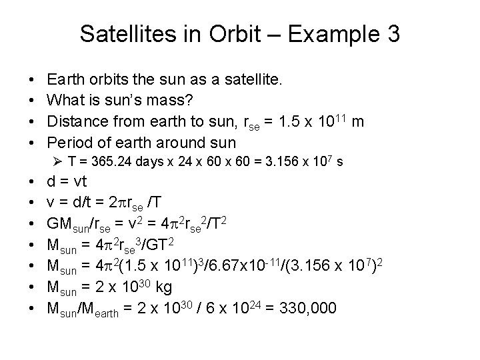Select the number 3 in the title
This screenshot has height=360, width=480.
392,33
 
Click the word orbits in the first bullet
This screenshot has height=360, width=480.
102,81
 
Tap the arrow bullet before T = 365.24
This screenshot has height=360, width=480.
57,161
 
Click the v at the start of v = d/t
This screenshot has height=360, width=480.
50,203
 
